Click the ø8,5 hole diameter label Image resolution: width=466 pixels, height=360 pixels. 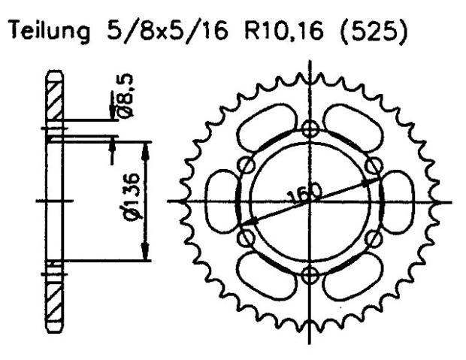tap(126, 93)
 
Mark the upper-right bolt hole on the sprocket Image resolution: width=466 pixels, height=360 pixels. tap(371, 166)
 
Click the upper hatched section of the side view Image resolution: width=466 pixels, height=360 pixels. tap(54, 98)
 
